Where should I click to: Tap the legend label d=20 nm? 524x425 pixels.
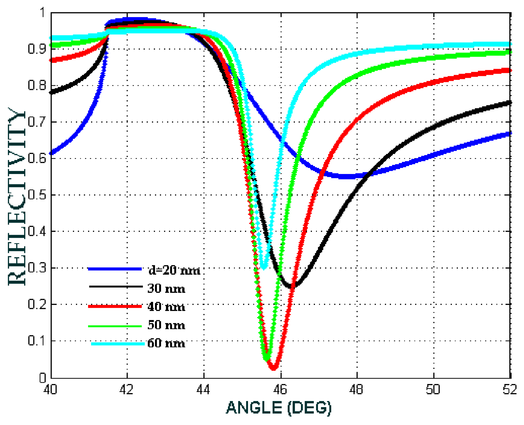click(174, 270)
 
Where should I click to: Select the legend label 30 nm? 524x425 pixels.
click(166, 288)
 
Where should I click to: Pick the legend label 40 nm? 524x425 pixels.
click(166, 307)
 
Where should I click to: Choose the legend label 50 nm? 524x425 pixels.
click(166, 325)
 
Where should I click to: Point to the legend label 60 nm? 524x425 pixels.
click(166, 343)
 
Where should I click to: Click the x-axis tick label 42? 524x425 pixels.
click(126, 389)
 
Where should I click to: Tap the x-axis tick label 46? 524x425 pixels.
click(280, 389)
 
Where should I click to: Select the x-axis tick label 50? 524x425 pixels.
click(433, 389)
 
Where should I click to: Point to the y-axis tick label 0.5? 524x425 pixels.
click(37, 195)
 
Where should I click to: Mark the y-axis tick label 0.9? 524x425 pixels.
click(37, 49)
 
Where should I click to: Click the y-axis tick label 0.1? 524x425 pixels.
click(37, 341)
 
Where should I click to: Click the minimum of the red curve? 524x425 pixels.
click(273, 368)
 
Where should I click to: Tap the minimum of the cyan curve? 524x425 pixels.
click(264, 267)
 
